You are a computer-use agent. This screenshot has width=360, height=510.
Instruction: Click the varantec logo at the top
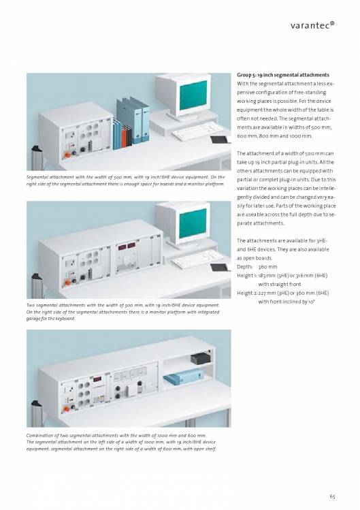(312, 25)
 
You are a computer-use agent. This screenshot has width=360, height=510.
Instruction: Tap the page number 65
(332, 496)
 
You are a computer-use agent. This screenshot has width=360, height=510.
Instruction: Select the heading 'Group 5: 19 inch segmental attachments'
(283, 75)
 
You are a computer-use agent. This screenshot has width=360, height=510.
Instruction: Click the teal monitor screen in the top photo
(193, 95)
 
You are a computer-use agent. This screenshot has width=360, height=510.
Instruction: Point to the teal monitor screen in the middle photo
(193, 223)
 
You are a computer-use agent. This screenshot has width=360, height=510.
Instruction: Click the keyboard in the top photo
(197, 131)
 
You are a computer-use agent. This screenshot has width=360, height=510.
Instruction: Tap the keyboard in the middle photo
(197, 259)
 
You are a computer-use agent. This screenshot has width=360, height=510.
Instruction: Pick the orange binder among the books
(124, 137)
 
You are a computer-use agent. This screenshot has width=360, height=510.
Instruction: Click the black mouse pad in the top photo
(220, 140)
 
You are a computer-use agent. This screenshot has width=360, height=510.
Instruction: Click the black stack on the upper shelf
(200, 357)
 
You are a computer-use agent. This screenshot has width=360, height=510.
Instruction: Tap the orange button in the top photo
(68, 155)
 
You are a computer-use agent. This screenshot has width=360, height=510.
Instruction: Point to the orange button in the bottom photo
(67, 409)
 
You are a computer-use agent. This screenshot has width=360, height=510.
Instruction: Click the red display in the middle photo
(127, 246)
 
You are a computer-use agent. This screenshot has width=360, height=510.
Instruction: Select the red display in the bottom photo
(97, 379)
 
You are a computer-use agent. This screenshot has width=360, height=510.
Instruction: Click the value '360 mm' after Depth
(267, 267)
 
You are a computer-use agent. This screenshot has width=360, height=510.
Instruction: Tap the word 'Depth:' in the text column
(245, 267)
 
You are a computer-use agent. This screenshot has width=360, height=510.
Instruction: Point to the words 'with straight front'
(280, 284)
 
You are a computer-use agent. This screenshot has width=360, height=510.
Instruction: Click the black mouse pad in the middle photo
(220, 268)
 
